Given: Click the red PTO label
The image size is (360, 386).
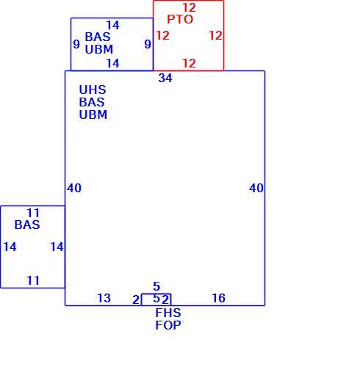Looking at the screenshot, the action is click(180, 20).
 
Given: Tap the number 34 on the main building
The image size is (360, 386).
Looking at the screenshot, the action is click(165, 78).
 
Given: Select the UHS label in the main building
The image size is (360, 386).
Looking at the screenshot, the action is click(93, 90).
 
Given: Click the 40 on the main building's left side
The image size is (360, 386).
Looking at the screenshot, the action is click(74, 188).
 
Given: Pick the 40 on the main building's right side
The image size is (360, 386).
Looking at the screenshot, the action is click(256, 188).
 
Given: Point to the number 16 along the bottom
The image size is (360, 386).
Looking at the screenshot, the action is click(218, 298).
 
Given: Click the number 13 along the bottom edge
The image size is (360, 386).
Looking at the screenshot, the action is click(104, 298).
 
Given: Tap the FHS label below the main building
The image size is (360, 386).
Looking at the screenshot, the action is click(168, 313).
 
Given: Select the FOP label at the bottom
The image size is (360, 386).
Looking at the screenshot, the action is click(168, 325).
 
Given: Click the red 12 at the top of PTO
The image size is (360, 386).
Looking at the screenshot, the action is click(190, 7).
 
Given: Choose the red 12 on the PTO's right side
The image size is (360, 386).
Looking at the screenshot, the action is click(215, 35).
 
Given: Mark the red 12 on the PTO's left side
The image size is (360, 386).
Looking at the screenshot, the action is click(162, 35).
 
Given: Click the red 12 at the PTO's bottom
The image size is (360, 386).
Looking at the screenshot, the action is click(190, 63).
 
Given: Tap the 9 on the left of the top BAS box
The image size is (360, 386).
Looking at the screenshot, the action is click(76, 44).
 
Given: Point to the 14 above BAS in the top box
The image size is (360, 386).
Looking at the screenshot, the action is click(112, 25).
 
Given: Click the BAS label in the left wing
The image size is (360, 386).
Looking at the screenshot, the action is click(27, 225).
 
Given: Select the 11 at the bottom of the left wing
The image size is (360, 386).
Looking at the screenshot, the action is click(33, 280).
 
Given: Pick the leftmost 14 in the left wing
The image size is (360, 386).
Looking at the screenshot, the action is click(10, 247).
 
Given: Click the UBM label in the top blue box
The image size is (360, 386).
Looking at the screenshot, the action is click(99, 49).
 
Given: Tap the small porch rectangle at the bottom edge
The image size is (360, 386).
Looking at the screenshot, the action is click(156, 294).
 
